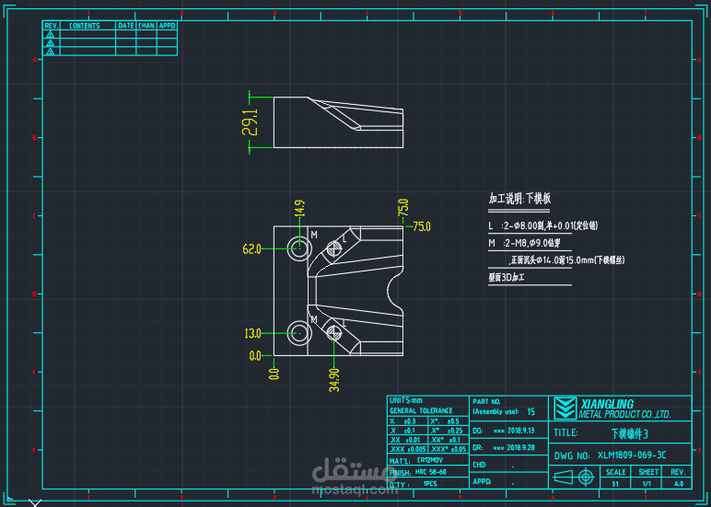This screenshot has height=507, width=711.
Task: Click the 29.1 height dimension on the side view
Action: (251, 121)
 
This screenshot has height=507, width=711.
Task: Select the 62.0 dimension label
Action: (251, 249)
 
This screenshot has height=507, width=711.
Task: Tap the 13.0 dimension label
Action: (251, 333)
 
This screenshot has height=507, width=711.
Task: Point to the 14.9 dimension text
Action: (299, 208)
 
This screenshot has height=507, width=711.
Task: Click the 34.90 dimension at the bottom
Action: (334, 379)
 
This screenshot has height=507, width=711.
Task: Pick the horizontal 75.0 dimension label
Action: (422, 226)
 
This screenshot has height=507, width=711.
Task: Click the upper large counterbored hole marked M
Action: (299, 246)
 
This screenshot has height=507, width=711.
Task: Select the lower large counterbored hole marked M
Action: (299, 332)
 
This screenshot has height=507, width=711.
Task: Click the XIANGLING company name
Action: (607, 404)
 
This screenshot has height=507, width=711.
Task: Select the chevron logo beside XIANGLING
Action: (565, 408)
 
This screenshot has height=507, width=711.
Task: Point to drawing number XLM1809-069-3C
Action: (631, 455)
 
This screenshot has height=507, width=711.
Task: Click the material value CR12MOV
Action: (431, 459)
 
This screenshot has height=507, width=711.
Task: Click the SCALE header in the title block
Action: (615, 471)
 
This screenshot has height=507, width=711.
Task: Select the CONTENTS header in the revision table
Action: (85, 26)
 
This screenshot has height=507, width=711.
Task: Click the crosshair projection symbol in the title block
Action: (585, 477)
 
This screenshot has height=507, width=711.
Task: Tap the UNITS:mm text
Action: (405, 400)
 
